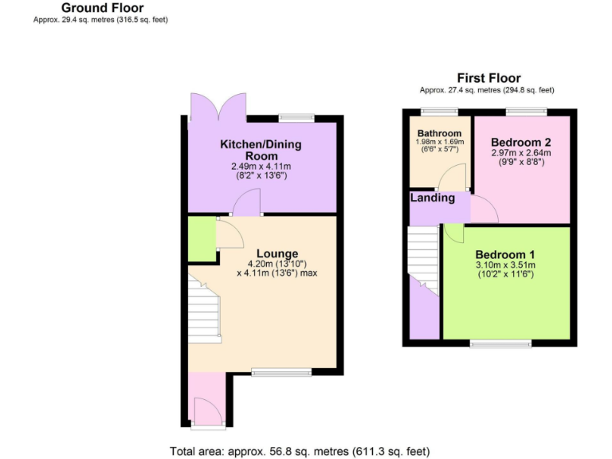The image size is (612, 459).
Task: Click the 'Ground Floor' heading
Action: pyautogui.click(x=103, y=8)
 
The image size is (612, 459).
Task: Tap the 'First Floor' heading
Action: pyautogui.click(x=488, y=78)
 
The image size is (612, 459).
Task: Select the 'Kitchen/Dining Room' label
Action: pyautogui.click(x=261, y=150)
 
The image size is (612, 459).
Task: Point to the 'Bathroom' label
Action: pyautogui.click(x=438, y=133)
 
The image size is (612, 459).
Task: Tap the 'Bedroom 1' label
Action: pyautogui.click(x=504, y=255)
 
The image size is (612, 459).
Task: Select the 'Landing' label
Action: pyautogui.click(x=433, y=198)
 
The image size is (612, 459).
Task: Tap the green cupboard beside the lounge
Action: pyautogui.click(x=202, y=240)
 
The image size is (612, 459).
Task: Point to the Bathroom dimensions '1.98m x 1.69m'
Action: pyautogui.click(x=438, y=143)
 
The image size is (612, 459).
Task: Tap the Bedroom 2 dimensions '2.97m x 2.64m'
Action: pyautogui.click(x=521, y=152)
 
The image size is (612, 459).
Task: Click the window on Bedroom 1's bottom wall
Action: pyautogui.click(x=500, y=344)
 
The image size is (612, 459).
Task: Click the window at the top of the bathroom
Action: pyautogui.click(x=434, y=112)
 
